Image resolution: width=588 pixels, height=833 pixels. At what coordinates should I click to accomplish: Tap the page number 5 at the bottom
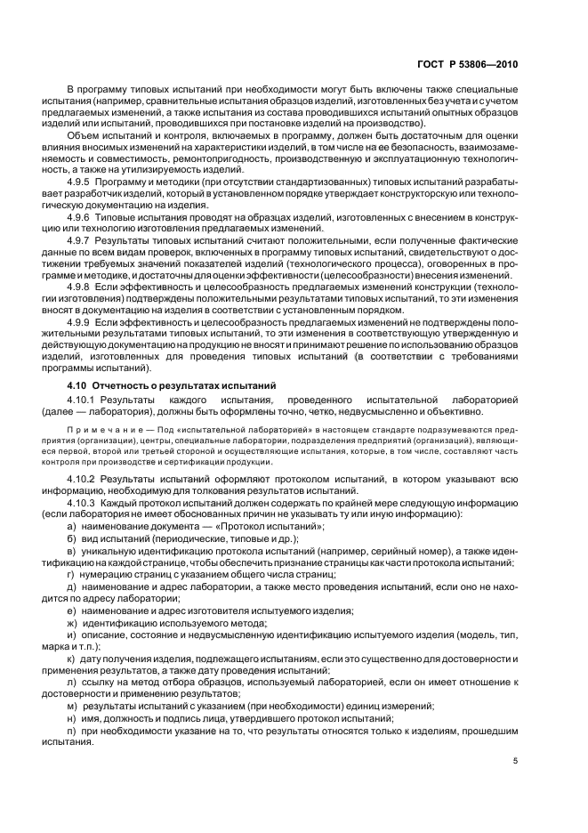516,761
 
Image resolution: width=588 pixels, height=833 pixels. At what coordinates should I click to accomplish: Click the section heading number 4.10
78,384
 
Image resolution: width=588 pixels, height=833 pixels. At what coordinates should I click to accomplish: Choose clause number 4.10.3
85,503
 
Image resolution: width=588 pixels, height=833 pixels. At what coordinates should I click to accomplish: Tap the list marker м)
72,702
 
